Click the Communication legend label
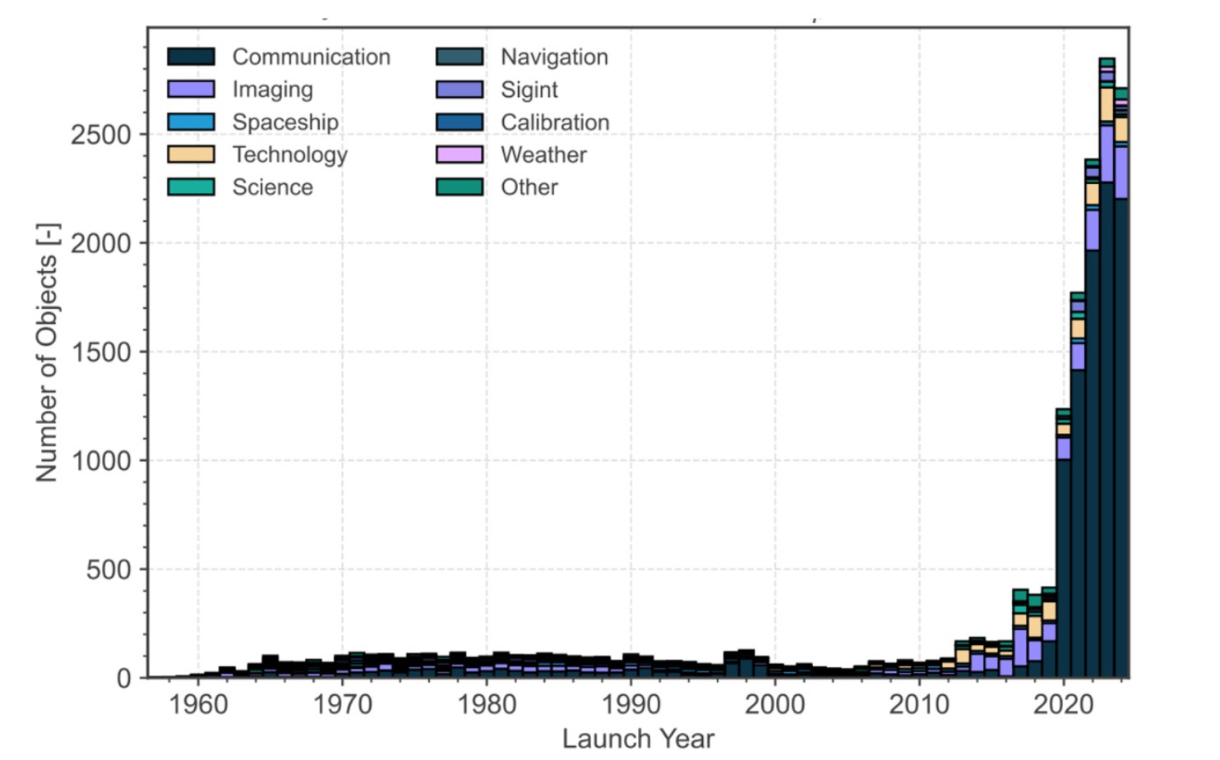pyautogui.click(x=311, y=57)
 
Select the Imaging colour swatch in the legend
pyautogui.click(x=191, y=89)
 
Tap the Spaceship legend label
pyautogui.click(x=284, y=122)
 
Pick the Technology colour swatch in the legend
pyautogui.click(x=191, y=154)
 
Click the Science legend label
pyautogui.click(x=272, y=187)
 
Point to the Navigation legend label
pyautogui.click(x=554, y=57)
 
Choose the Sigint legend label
pyautogui.click(x=529, y=90)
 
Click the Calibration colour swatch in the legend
pyautogui.click(x=460, y=122)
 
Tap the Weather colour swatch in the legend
pyautogui.click(x=460, y=154)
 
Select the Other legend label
pyautogui.click(x=529, y=187)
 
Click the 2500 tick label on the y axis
pyautogui.click(x=100, y=135)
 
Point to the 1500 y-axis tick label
pyautogui.click(x=100, y=352)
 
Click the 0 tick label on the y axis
pyautogui.click(x=123, y=679)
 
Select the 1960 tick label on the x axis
pyautogui.click(x=198, y=704)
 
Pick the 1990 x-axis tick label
pyautogui.click(x=631, y=704)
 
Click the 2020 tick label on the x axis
pyautogui.click(x=1063, y=704)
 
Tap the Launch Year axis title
pyautogui.click(x=638, y=739)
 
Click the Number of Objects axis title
pyautogui.click(x=47, y=352)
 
